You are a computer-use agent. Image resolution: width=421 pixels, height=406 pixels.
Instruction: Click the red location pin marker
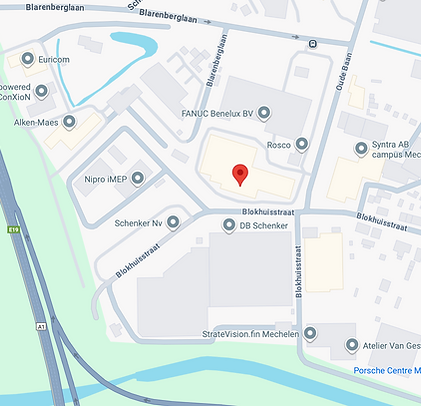click(x=240, y=175)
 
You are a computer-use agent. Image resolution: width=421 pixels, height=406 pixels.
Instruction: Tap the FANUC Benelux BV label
click(x=218, y=113)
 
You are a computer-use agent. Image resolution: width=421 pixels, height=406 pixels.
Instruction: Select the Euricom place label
click(x=57, y=59)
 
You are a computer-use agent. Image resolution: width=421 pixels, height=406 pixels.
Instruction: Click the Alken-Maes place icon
click(x=69, y=122)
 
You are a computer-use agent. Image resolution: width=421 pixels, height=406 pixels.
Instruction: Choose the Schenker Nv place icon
click(x=172, y=222)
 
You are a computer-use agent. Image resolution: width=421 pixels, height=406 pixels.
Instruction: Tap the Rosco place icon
click(x=302, y=145)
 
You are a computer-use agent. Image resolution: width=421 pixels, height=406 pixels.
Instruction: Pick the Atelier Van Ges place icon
click(x=351, y=345)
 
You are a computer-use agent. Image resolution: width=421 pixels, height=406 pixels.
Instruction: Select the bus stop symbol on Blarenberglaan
click(x=313, y=43)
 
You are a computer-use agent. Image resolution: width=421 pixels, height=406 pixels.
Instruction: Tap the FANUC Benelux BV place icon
click(x=264, y=113)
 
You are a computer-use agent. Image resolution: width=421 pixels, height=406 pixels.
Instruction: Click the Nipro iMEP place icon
click(x=137, y=179)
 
